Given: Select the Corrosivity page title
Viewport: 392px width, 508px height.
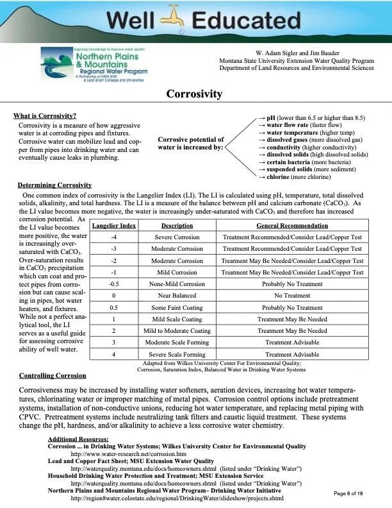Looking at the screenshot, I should coord(194,94).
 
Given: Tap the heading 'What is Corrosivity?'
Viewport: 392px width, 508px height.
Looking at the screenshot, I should coord(45,116).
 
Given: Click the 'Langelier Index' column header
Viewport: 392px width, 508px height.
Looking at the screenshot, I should coord(113,226).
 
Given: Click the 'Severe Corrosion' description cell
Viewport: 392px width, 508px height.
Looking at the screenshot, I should coord(177,237).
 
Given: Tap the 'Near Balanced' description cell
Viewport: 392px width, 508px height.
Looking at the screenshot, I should coord(177,296).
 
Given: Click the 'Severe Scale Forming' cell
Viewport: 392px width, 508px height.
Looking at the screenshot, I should coord(177,354).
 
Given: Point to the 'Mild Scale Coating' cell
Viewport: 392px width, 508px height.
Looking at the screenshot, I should coord(177,319).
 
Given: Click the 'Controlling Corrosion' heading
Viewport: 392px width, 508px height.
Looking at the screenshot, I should coord(53,376).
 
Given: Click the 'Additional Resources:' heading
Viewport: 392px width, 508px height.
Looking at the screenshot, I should coord(78,439).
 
